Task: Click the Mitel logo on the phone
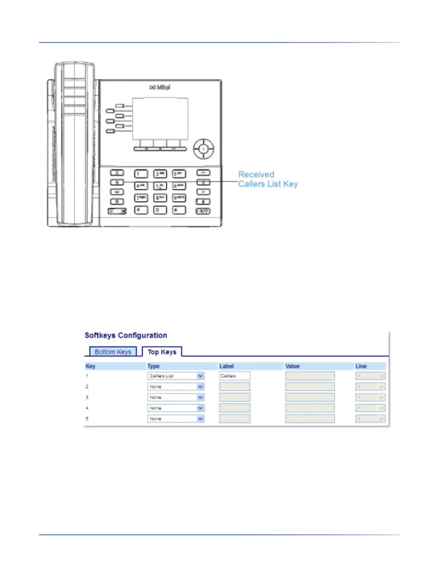(x=160, y=87)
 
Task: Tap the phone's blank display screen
(x=160, y=118)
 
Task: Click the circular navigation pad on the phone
(x=203, y=148)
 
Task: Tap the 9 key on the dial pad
(x=179, y=198)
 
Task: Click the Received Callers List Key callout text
(x=268, y=179)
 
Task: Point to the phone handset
(x=74, y=143)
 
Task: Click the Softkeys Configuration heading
(x=126, y=335)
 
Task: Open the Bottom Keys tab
(x=113, y=352)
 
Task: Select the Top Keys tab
(x=162, y=352)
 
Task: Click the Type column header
(x=154, y=366)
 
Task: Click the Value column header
(x=292, y=366)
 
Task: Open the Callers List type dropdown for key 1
(x=176, y=376)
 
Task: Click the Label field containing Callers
(x=235, y=376)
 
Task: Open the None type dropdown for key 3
(x=176, y=397)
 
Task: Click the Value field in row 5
(x=310, y=418)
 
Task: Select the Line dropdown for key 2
(x=370, y=387)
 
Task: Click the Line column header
(x=361, y=366)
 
